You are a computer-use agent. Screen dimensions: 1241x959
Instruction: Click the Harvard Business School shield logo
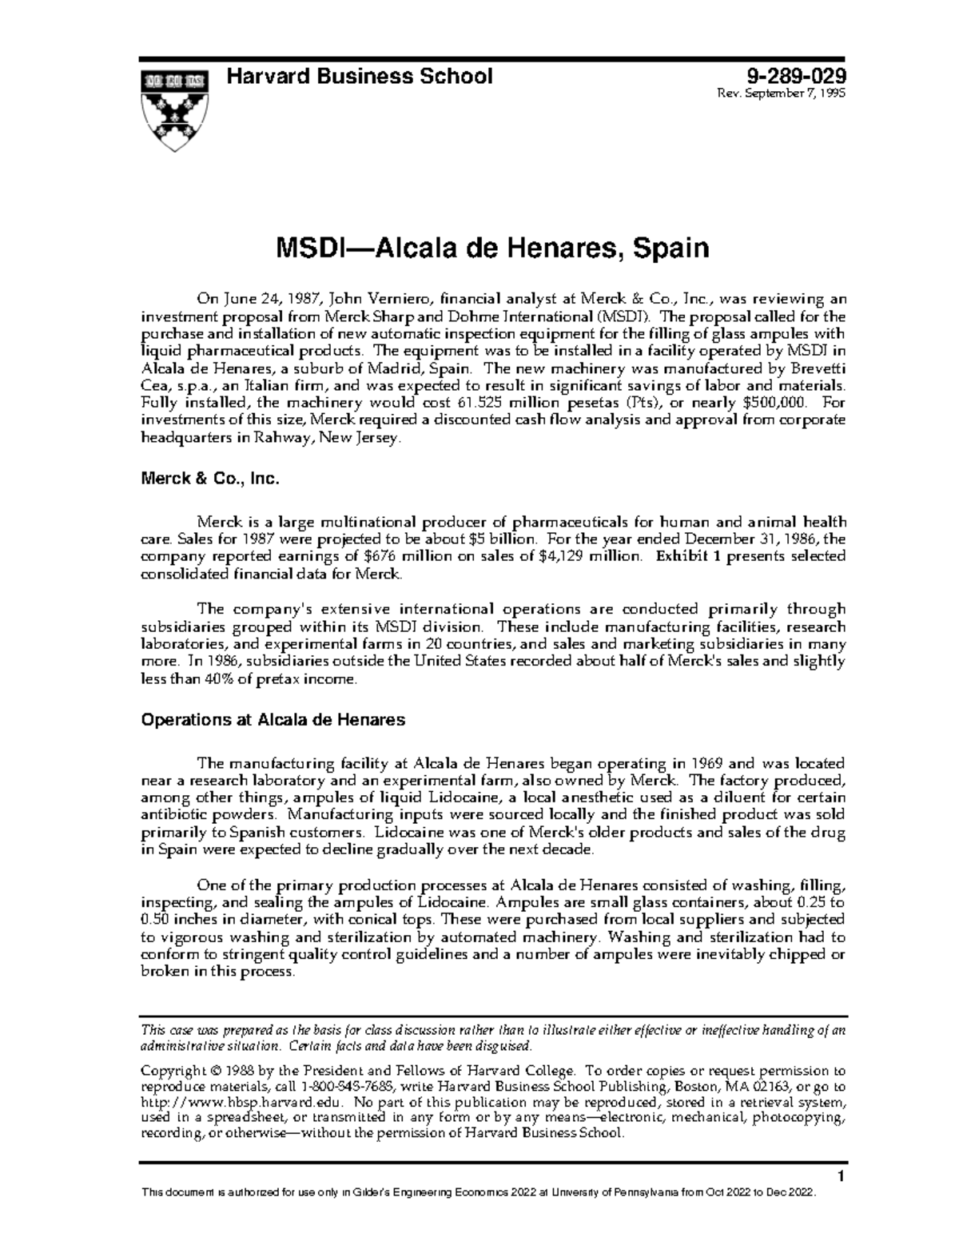tap(174, 109)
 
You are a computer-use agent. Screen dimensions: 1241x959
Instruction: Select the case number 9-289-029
tap(795, 77)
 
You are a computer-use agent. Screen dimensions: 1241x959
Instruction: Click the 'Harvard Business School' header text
tap(360, 77)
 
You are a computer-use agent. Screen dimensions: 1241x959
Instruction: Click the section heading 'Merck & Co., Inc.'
tap(209, 479)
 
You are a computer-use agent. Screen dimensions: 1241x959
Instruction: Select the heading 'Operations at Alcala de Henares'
tap(273, 719)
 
